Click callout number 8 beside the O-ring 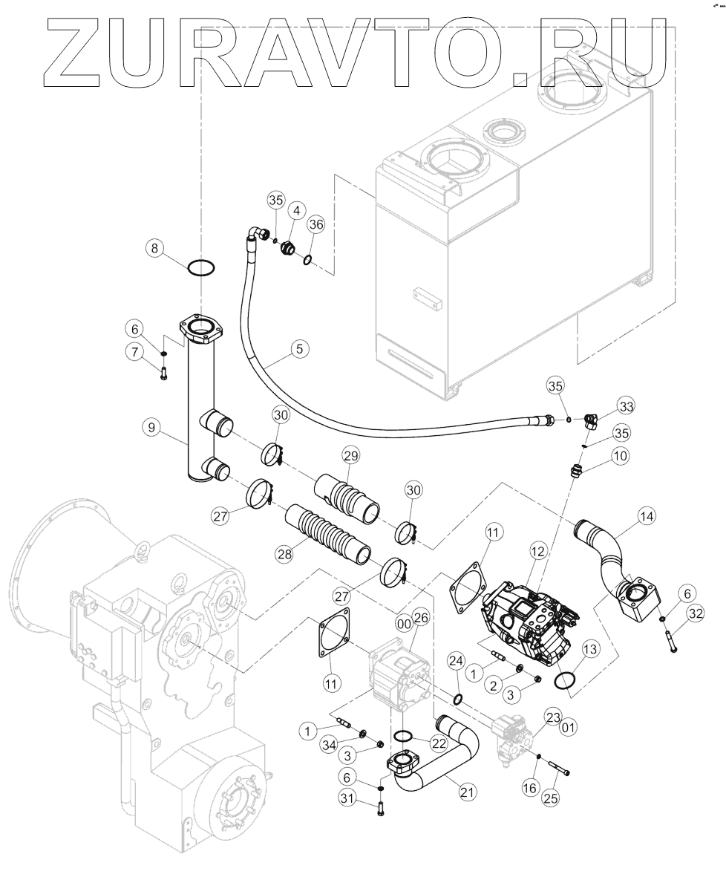[154, 249]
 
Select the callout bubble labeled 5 [301, 347]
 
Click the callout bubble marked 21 [466, 792]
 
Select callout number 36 [317, 224]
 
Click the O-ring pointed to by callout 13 [567, 679]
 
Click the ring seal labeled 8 [201, 268]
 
